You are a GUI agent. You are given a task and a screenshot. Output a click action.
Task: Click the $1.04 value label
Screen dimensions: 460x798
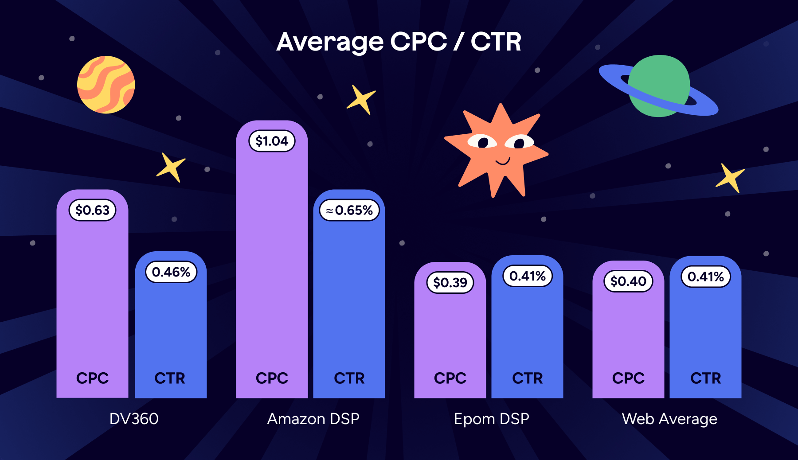click(x=272, y=141)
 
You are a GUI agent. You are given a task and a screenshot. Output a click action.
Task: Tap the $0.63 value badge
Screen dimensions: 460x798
click(x=92, y=210)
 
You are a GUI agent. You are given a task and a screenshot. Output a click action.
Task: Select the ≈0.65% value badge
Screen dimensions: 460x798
click(x=349, y=210)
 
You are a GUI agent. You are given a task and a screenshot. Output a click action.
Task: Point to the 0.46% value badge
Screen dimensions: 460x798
click(x=171, y=272)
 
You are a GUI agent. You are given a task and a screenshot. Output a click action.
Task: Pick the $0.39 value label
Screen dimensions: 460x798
click(x=450, y=282)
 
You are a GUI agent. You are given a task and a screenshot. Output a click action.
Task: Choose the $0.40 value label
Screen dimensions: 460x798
click(x=628, y=281)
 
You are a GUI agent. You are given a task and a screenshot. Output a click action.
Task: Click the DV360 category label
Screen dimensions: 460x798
click(x=134, y=419)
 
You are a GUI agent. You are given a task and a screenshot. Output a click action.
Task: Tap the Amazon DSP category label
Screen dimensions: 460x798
click(x=313, y=419)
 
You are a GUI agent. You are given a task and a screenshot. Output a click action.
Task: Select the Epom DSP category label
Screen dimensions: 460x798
click(x=491, y=419)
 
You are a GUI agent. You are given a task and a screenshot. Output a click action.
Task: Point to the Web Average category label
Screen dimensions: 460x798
click(x=669, y=419)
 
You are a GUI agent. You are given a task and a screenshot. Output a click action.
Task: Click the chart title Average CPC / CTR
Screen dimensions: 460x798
click(x=399, y=42)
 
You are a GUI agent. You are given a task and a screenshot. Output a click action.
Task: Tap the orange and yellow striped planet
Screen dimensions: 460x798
click(x=106, y=85)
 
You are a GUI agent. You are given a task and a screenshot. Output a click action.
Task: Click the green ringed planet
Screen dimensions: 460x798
click(x=659, y=86)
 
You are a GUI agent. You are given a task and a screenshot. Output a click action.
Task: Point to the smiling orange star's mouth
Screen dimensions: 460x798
click(x=503, y=161)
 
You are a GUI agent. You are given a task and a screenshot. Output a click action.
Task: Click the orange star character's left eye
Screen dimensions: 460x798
click(x=482, y=142)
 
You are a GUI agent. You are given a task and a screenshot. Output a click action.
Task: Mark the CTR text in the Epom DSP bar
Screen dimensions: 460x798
click(x=527, y=378)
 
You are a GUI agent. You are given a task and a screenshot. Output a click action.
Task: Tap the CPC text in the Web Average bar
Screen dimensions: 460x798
click(x=628, y=378)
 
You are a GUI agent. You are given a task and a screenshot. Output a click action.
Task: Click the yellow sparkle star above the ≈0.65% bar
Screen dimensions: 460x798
click(x=361, y=99)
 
